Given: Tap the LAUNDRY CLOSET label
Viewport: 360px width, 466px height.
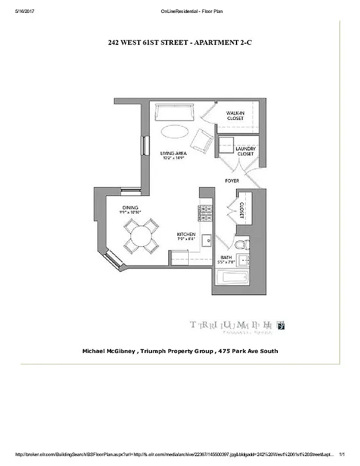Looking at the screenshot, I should [245, 151].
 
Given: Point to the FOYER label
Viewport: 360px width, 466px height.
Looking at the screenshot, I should [232, 181].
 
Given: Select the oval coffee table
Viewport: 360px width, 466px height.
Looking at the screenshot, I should [175, 132].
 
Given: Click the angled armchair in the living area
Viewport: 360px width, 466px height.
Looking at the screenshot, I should [202, 140].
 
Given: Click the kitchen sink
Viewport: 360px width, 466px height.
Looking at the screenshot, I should [206, 240].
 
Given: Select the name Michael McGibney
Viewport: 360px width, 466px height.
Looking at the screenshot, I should [114, 351].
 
